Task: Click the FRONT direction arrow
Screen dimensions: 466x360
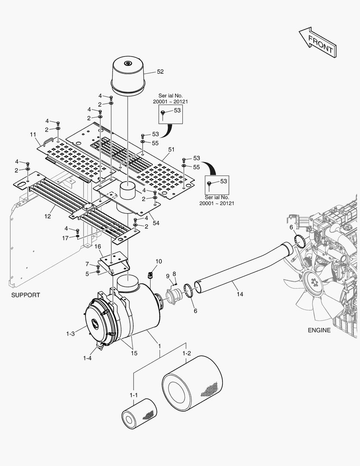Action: (x=318, y=42)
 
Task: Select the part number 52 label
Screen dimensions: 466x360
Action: (x=160, y=72)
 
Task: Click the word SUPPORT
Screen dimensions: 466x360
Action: (x=25, y=295)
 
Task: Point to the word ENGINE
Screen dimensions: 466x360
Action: (x=319, y=330)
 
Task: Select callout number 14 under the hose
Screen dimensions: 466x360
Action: (x=240, y=294)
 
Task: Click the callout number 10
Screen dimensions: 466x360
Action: (x=159, y=261)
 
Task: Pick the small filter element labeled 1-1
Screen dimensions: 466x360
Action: (x=139, y=413)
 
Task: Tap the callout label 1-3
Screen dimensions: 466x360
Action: (x=71, y=334)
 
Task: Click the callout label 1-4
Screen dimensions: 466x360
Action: (x=88, y=358)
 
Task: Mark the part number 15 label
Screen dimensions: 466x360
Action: (x=134, y=353)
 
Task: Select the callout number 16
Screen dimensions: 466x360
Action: (x=98, y=246)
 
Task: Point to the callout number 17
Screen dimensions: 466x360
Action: (x=65, y=238)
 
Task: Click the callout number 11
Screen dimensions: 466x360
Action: (x=33, y=135)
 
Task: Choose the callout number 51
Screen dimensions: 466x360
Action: (x=171, y=149)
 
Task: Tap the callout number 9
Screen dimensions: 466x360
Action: (x=168, y=276)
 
